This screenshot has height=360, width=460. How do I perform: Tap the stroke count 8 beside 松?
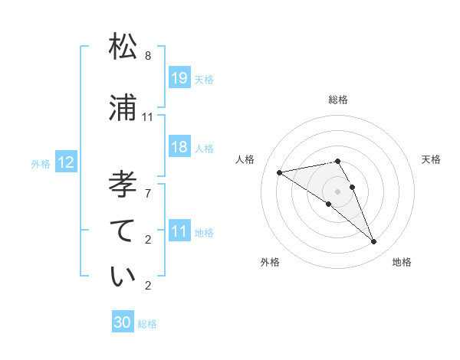(x=148, y=56)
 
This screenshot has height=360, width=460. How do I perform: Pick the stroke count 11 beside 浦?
(x=148, y=117)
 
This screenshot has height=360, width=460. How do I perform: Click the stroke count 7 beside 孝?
(x=148, y=194)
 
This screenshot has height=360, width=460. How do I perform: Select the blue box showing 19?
(x=179, y=78)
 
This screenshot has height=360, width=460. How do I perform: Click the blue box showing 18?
(x=179, y=148)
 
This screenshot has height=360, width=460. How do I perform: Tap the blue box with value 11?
(x=179, y=231)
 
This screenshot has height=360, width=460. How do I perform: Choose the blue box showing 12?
(x=66, y=162)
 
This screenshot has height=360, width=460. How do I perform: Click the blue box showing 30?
(x=123, y=322)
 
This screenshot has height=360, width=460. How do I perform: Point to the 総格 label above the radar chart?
(x=338, y=100)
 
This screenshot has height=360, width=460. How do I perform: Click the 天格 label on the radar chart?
(x=431, y=159)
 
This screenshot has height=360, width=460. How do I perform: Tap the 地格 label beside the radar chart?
(x=402, y=262)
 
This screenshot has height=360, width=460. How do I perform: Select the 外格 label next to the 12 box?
(x=40, y=163)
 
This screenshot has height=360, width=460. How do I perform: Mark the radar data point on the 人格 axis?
(x=280, y=172)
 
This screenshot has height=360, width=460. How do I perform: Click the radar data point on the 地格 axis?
(x=374, y=241)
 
